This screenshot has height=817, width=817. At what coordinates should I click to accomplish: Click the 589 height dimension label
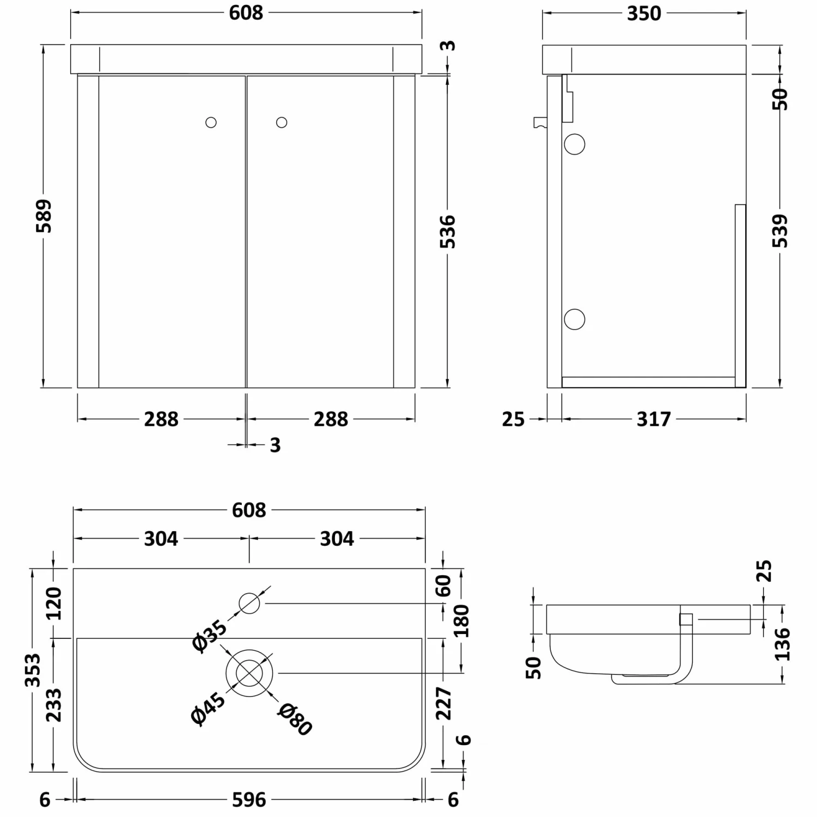pyautogui.click(x=44, y=216)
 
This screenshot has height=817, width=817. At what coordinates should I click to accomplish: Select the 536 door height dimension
pyautogui.click(x=447, y=231)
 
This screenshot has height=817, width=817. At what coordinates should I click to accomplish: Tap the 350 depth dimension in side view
pyautogui.click(x=644, y=14)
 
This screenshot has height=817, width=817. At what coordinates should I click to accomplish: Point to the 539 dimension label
pyautogui.click(x=781, y=231)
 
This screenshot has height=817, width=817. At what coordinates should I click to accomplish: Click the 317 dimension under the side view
pyautogui.click(x=654, y=419)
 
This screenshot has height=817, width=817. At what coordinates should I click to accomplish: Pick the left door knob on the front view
pyautogui.click(x=211, y=123)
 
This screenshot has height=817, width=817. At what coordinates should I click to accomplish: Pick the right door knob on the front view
pyautogui.click(x=282, y=123)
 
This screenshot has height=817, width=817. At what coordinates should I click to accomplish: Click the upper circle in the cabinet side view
pyautogui.click(x=575, y=144)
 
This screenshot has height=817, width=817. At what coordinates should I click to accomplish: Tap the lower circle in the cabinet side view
pyautogui.click(x=575, y=319)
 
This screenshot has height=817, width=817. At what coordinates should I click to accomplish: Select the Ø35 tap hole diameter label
pyautogui.click(x=209, y=635)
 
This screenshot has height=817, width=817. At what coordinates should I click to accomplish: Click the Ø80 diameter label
pyautogui.click(x=294, y=719)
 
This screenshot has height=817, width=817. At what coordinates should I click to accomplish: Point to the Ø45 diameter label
pyautogui.click(x=208, y=708)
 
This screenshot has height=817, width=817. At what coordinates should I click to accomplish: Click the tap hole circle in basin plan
pyautogui.click(x=249, y=603)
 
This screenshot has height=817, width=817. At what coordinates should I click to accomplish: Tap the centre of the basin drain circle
pyautogui.click(x=249, y=673)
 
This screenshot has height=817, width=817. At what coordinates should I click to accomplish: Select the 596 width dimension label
pyautogui.click(x=249, y=800)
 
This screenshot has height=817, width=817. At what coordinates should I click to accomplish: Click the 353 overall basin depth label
pyautogui.click(x=33, y=670)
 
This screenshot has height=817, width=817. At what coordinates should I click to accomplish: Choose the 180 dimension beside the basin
pyautogui.click(x=462, y=620)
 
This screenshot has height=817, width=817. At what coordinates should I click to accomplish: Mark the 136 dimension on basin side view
pyautogui.click(x=782, y=644)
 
